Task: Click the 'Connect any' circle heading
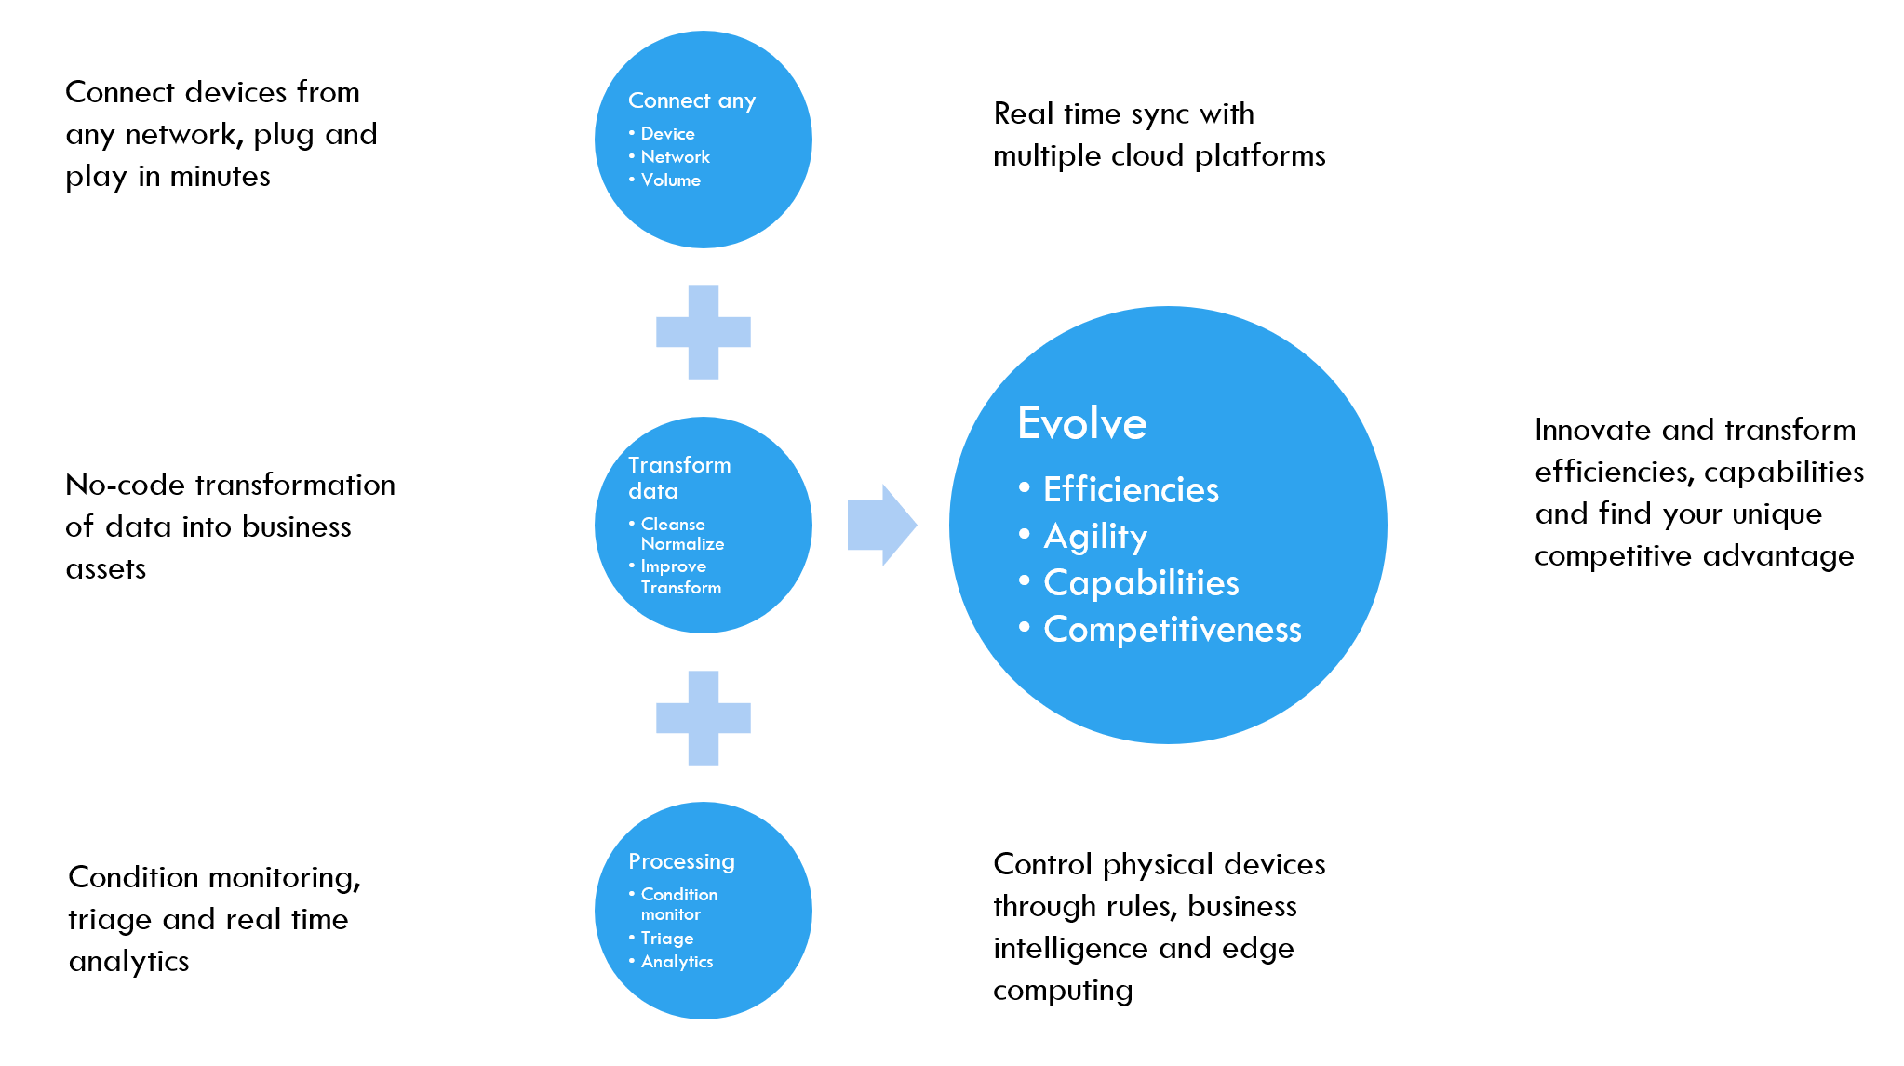pyautogui.click(x=691, y=100)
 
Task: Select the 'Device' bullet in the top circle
pyautogui.click(x=667, y=134)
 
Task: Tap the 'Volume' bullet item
pyautogui.click(x=670, y=180)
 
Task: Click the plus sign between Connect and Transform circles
pyautogui.click(x=704, y=332)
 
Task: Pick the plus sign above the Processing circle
pyautogui.click(x=704, y=717)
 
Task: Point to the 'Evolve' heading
pyautogui.click(x=1081, y=424)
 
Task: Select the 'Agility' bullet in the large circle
pyautogui.click(x=1095, y=537)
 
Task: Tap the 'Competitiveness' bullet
pyautogui.click(x=1172, y=630)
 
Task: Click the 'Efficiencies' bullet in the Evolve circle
pyautogui.click(x=1131, y=490)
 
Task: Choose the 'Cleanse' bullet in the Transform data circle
pyautogui.click(x=673, y=525)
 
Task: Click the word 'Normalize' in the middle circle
pyautogui.click(x=682, y=544)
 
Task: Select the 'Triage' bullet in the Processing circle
pyautogui.click(x=667, y=939)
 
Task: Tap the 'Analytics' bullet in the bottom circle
pyautogui.click(x=677, y=962)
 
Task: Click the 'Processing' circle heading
pyautogui.click(x=681, y=861)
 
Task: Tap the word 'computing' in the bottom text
pyautogui.click(x=1062, y=991)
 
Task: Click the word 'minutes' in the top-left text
pyautogui.click(x=220, y=177)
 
